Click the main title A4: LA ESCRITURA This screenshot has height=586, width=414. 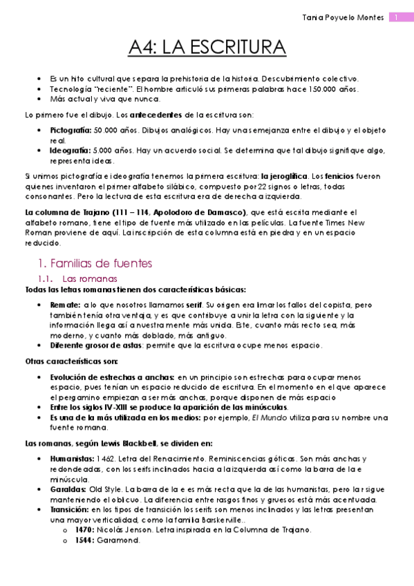[207, 48]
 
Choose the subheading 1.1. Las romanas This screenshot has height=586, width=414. [82, 278]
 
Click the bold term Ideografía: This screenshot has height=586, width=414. [69, 149]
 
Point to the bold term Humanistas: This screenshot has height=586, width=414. [73, 458]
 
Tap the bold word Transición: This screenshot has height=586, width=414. [71, 509]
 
